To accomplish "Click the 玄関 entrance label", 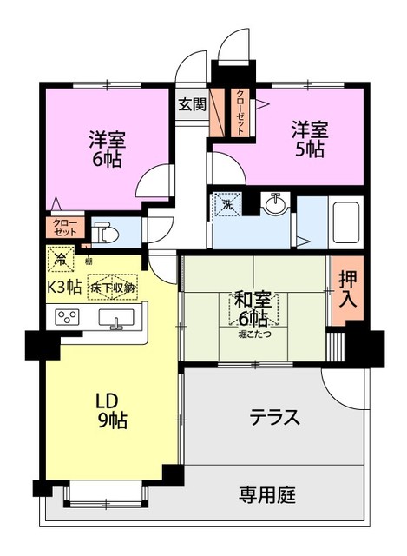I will tap(192, 104).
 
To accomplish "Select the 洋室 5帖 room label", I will tap(309, 139).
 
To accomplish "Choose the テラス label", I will tap(275, 418).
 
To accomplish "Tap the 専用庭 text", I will tap(267, 496).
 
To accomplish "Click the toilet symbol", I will tap(103, 232).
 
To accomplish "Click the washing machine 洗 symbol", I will tap(226, 205).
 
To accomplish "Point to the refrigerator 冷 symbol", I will tap(61, 258).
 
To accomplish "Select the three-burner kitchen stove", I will tap(68, 318).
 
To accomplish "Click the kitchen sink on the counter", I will tap(117, 318).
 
